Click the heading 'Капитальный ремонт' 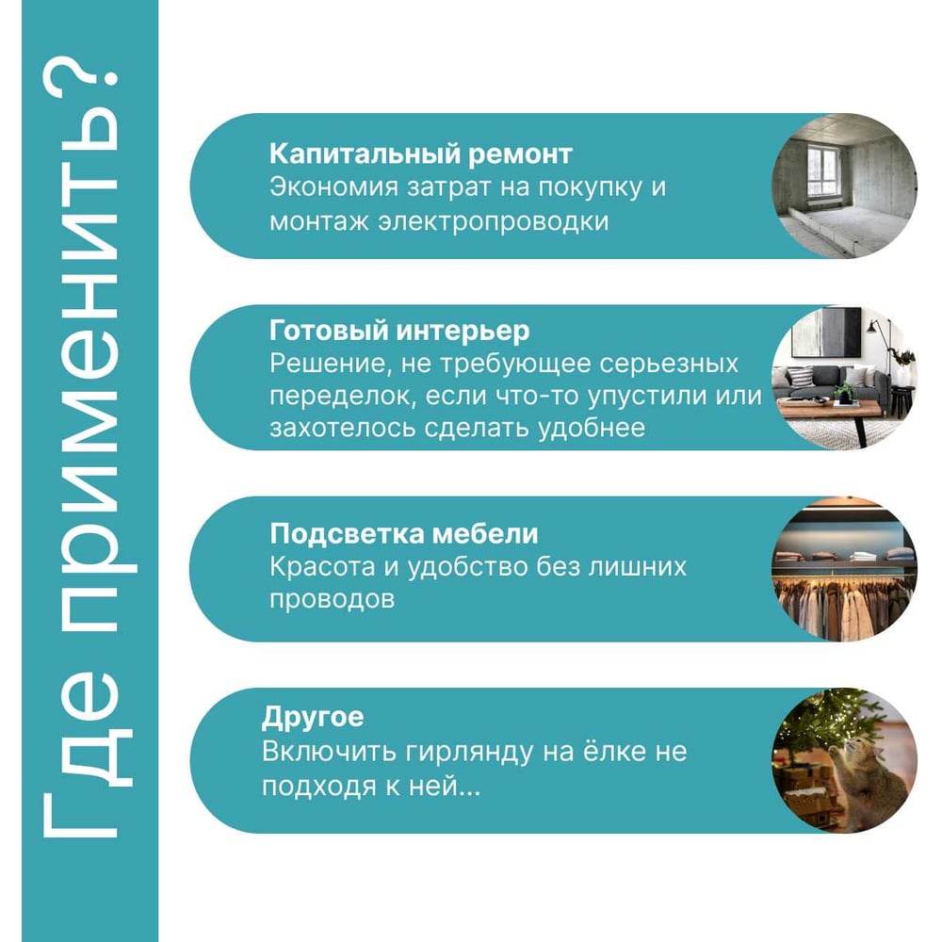pos(420,154)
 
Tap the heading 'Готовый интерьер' pos(399,331)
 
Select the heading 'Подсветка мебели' pos(404,533)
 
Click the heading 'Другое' pos(313,717)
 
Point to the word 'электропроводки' pos(494,221)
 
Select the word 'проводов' pos(332,599)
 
